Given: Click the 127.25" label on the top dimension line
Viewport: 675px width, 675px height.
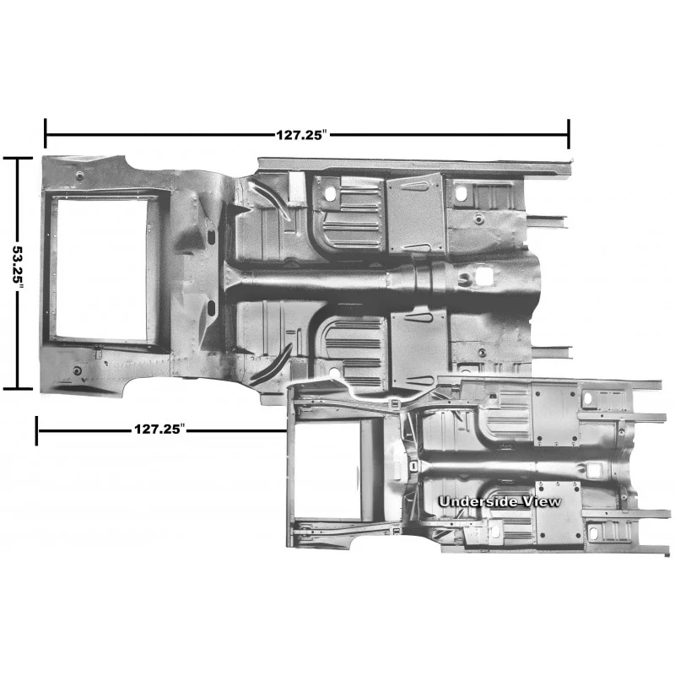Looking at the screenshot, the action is point(303,135).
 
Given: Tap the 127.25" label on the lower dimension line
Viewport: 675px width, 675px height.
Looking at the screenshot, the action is point(159,429).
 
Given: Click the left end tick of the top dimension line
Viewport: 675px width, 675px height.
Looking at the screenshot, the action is point(46,134).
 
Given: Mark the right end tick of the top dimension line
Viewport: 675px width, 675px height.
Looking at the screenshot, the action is point(569,134).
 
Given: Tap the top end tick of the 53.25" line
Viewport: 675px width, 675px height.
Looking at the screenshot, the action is point(18,159).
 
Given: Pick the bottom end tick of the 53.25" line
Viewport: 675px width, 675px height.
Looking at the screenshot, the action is point(18,389).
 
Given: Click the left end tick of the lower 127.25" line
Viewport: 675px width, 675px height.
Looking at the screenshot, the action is point(36,430).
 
